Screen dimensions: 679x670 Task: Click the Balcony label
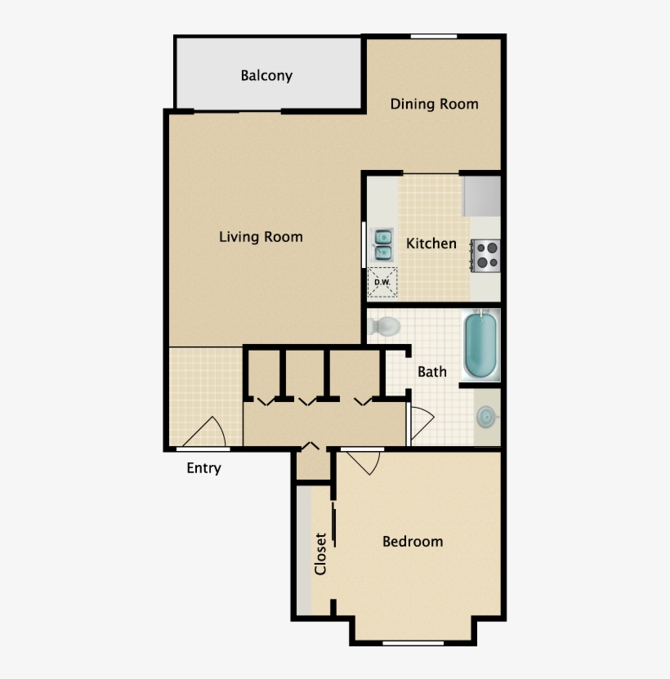[266, 76]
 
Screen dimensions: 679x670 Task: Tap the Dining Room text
[434, 104]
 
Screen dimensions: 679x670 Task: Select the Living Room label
[261, 237]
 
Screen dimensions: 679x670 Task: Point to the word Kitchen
[431, 243]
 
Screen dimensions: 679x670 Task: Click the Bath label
[432, 372]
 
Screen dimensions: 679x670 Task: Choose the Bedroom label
[413, 541]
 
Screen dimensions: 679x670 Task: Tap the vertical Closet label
[320, 553]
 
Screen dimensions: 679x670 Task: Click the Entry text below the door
[203, 468]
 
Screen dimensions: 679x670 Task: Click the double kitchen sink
[382, 244]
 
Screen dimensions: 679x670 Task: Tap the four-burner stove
[486, 254]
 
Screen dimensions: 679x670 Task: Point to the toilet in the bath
[382, 326]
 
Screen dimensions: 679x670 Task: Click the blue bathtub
[480, 346]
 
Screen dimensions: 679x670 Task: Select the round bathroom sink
[486, 418]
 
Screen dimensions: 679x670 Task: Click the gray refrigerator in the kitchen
[481, 195]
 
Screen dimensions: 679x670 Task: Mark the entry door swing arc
[209, 431]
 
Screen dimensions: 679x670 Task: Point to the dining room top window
[433, 37]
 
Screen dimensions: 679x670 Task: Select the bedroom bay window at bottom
[413, 642]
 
